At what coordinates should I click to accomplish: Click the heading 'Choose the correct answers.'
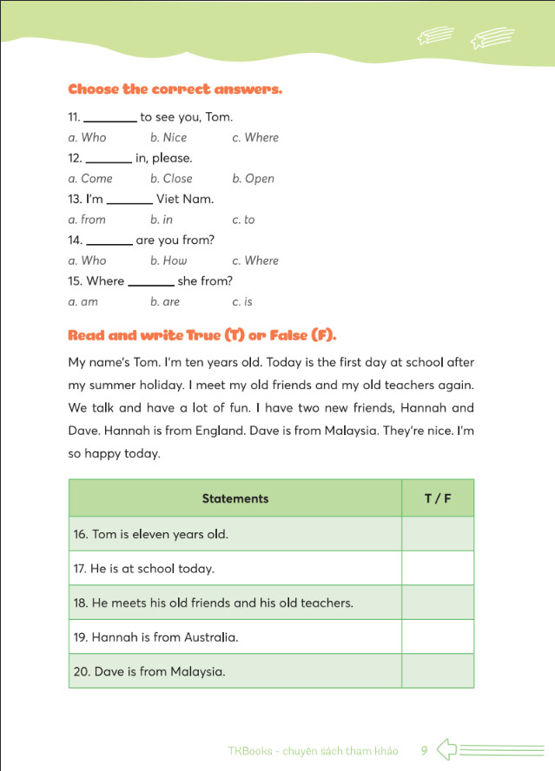175,89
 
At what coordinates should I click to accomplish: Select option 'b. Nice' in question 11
168,137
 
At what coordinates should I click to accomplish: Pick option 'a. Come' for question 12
90,179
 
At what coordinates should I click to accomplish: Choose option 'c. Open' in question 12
253,179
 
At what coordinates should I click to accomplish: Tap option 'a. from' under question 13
87,220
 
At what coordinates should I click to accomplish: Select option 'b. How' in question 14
168,260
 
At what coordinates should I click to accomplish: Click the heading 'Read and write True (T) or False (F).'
202,335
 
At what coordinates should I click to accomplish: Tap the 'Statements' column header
235,498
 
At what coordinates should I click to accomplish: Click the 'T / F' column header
437,498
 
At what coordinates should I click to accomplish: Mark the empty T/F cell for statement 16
437,534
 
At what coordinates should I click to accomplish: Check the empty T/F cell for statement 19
437,637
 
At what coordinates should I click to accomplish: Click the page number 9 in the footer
424,750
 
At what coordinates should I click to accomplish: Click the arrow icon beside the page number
446,749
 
